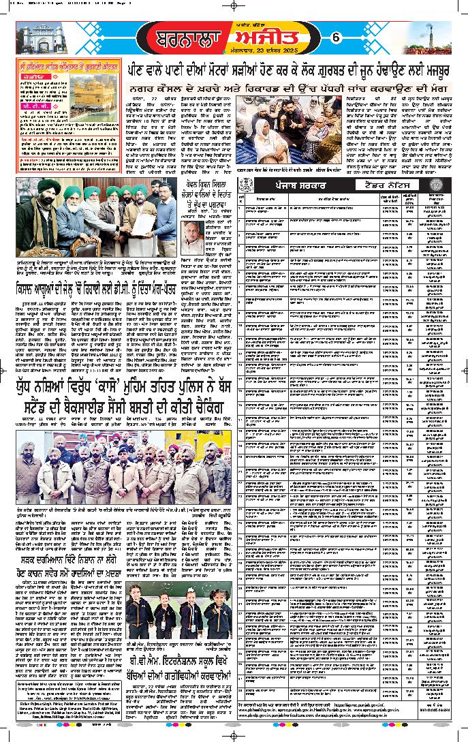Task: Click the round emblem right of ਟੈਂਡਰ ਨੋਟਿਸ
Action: [x=429, y=185]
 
